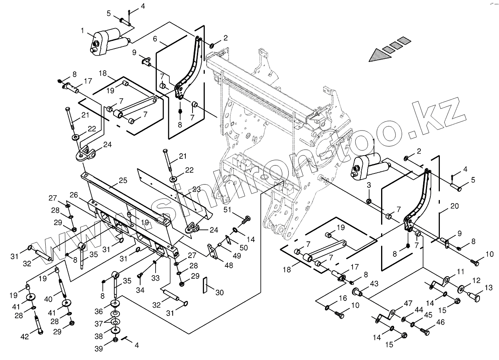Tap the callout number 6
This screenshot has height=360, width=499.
(x=155, y=39)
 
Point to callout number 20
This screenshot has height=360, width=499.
(x=455, y=206)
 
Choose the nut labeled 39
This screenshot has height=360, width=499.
(x=115, y=340)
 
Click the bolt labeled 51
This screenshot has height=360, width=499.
(x=246, y=219)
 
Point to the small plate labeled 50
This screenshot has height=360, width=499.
(x=229, y=241)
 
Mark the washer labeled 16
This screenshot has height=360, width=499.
(x=327, y=308)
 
